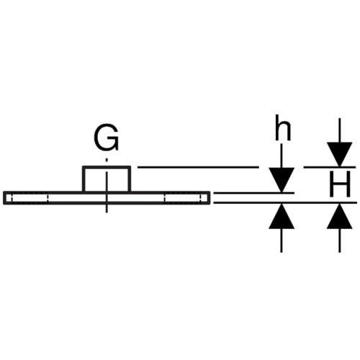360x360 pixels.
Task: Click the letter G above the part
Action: click(107, 138)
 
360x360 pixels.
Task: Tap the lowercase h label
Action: click(283, 127)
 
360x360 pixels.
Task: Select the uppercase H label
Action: click(340, 184)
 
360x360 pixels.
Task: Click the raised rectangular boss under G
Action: click(107, 179)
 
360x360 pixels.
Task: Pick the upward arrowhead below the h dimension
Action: click(282, 216)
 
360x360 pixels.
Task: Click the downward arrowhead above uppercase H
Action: click(340, 154)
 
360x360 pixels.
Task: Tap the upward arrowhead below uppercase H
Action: click(340, 216)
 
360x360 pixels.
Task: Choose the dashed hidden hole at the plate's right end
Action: click(183, 198)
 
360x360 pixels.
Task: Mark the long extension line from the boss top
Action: click(198, 167)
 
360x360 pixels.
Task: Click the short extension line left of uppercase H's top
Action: click(330, 167)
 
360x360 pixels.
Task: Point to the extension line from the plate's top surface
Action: click(253, 193)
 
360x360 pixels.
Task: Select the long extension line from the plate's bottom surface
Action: click(285, 203)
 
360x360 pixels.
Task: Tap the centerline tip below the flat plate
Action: click(107, 212)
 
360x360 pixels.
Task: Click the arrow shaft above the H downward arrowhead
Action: click(340, 130)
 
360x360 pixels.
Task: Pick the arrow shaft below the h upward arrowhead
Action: click(282, 240)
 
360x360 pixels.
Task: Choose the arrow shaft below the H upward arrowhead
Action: click(340, 240)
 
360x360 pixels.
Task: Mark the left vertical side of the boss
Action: click(84, 179)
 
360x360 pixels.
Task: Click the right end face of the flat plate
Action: click(210, 198)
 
